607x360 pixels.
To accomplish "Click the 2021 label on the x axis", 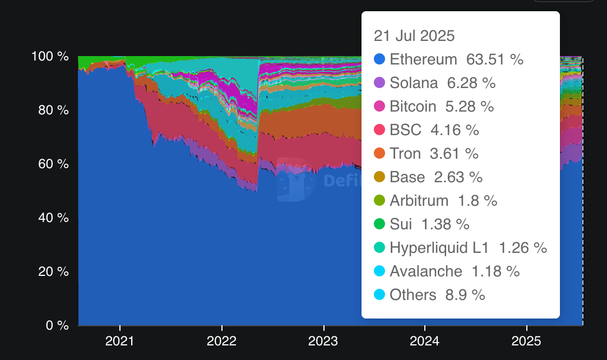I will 119,341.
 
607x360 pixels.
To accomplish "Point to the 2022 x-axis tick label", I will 221,341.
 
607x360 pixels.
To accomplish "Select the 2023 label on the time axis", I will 323,341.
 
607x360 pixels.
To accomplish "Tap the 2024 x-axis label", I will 425,341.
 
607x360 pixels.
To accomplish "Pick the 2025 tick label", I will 527,341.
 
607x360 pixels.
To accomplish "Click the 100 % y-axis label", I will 50,57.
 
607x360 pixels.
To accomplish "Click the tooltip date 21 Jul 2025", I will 414,36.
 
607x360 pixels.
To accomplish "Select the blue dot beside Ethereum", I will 379,59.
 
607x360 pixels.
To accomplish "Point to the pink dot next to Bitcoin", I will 379,107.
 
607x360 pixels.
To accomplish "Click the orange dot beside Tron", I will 379,154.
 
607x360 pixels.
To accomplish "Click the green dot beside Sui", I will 379,224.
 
